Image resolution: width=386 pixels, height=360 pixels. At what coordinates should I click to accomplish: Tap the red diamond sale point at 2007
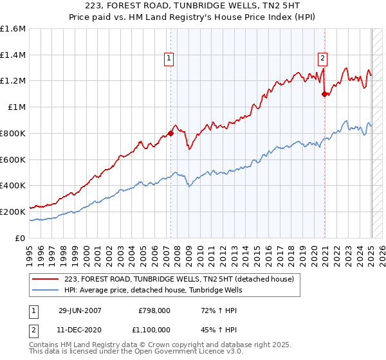coord(171,134)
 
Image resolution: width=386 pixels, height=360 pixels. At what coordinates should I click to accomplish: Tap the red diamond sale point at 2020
coord(325,94)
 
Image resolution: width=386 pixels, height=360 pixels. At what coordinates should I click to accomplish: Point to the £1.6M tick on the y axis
coord(14,29)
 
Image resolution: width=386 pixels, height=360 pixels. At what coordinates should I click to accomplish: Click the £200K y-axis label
coord(14,212)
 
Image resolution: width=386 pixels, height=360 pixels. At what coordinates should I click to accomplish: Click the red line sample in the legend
coord(46,279)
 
